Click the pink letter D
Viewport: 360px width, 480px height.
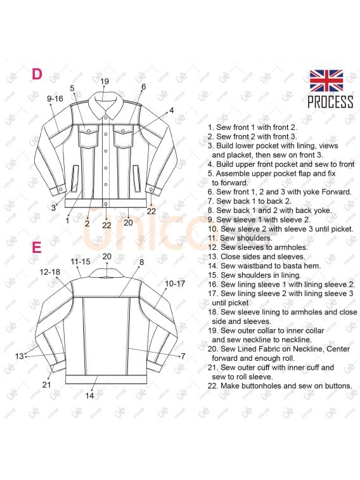point(37,74)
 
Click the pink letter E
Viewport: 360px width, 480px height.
point(37,247)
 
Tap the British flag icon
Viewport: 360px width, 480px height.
point(326,81)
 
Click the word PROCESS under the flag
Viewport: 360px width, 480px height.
point(330,102)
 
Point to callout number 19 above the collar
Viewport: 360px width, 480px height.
point(105,81)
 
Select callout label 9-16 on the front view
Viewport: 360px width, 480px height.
point(55,98)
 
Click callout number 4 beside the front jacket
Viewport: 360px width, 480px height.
point(172,110)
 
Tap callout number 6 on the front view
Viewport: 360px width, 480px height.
point(143,87)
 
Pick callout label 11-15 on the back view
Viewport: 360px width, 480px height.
point(80,261)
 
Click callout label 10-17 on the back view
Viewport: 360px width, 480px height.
point(175,284)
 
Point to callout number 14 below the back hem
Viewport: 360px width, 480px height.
point(89,396)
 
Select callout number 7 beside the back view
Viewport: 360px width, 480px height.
point(183,356)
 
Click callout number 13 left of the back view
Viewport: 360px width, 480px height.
point(19,356)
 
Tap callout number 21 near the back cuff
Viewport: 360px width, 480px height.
point(46,384)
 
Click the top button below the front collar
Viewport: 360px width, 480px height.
point(106,117)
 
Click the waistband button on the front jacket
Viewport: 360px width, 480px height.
point(106,204)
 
